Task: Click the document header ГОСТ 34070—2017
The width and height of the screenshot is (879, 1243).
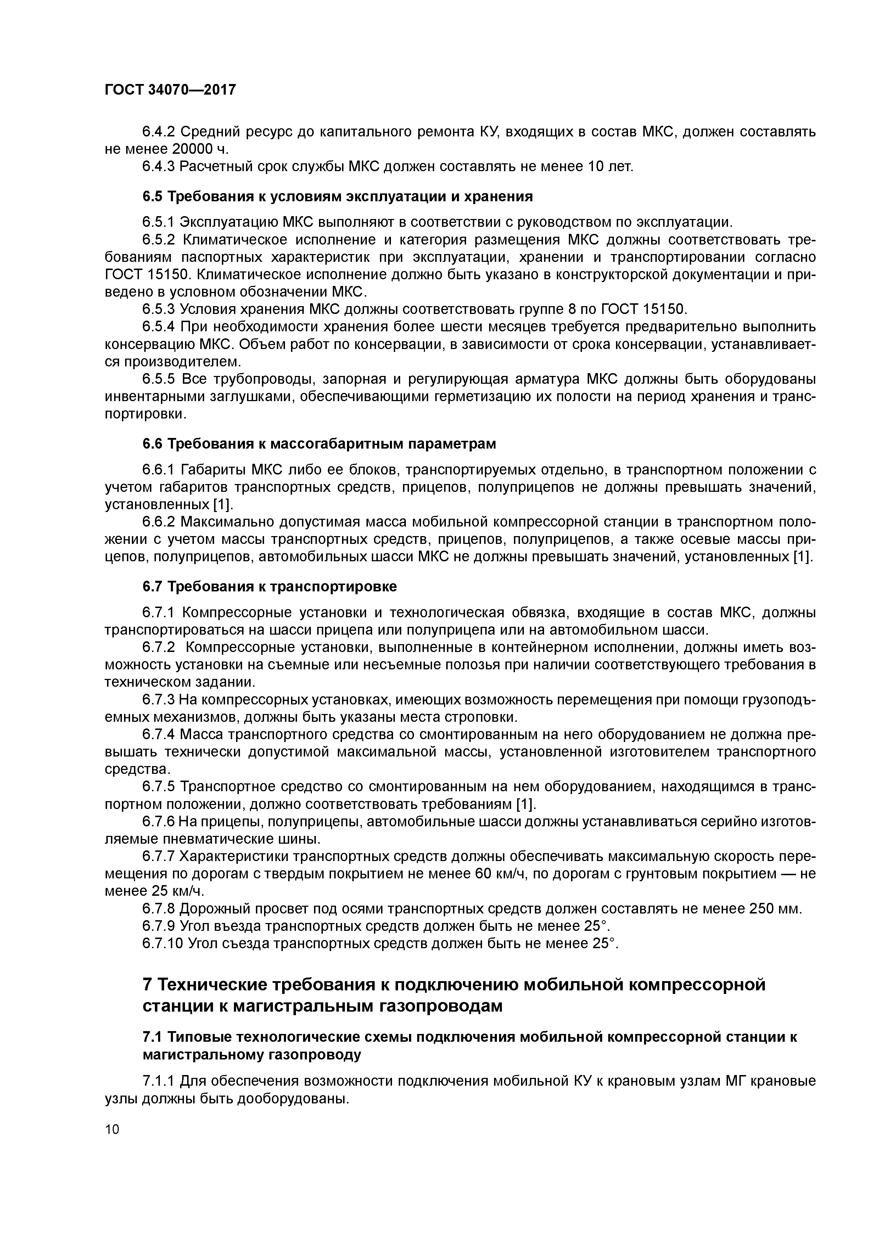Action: pos(170,89)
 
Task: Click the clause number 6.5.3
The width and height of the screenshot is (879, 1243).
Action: pos(158,309)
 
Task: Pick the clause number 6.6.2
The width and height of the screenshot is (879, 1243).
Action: pos(158,522)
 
